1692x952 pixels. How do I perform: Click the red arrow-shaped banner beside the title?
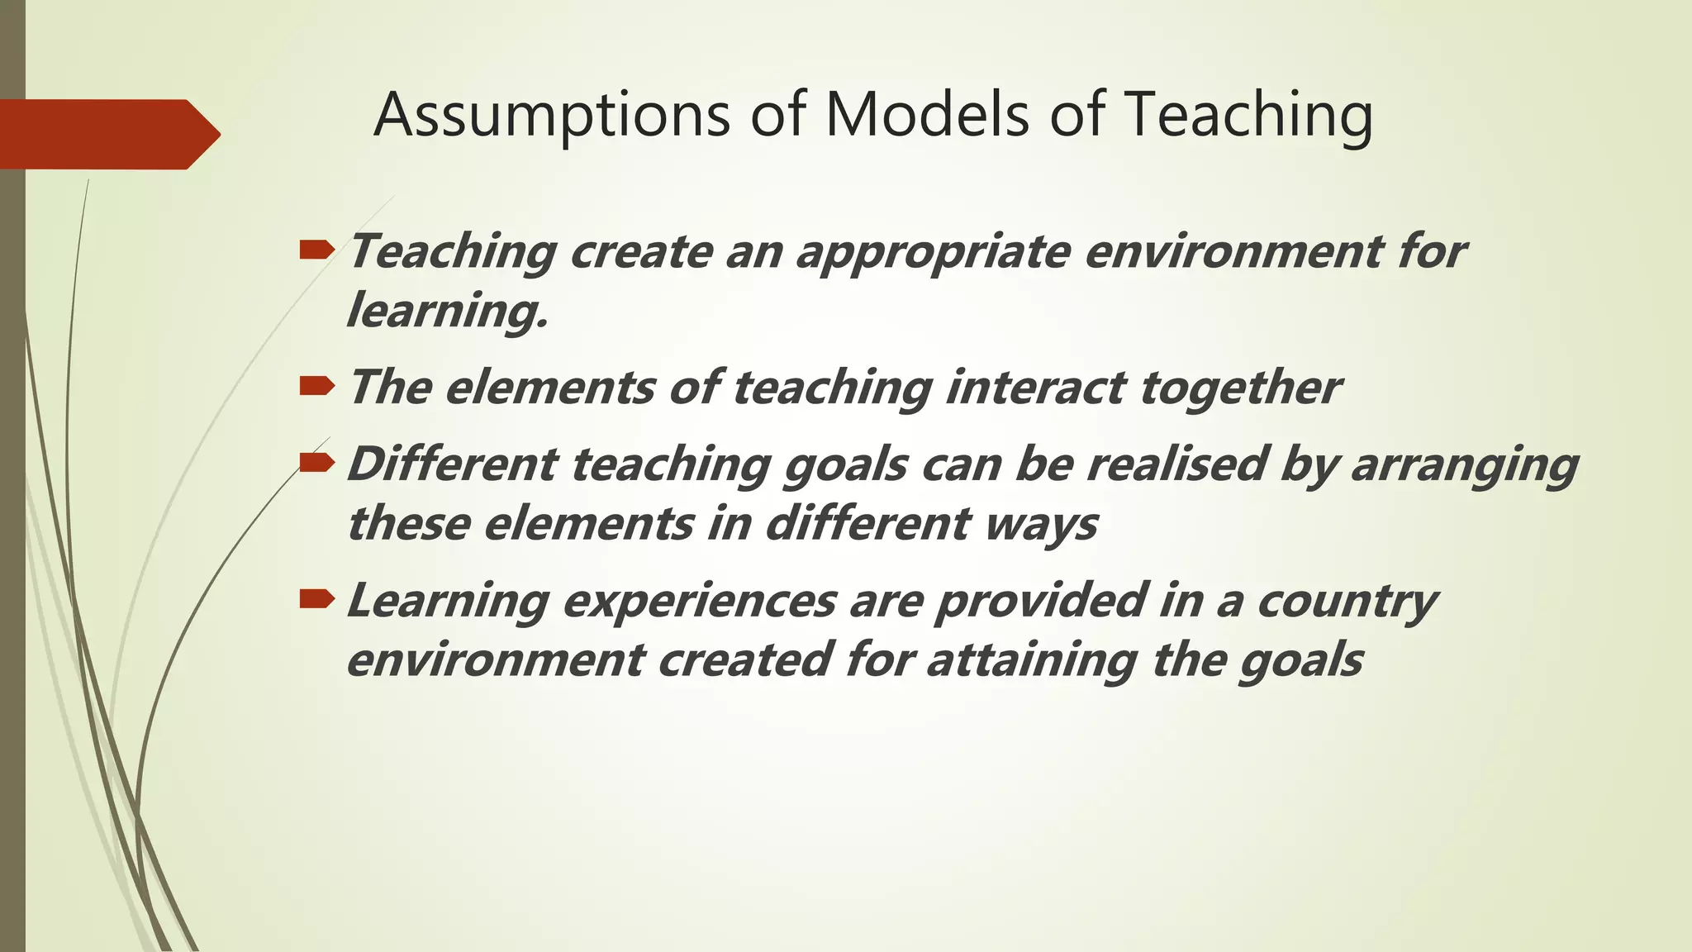107,134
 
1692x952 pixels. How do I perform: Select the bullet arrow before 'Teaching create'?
317,249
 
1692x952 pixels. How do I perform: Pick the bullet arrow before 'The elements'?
317,385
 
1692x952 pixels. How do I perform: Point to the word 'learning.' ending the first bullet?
447,312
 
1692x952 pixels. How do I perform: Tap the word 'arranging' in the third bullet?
1464,465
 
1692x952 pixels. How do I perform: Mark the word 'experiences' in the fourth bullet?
699,601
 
